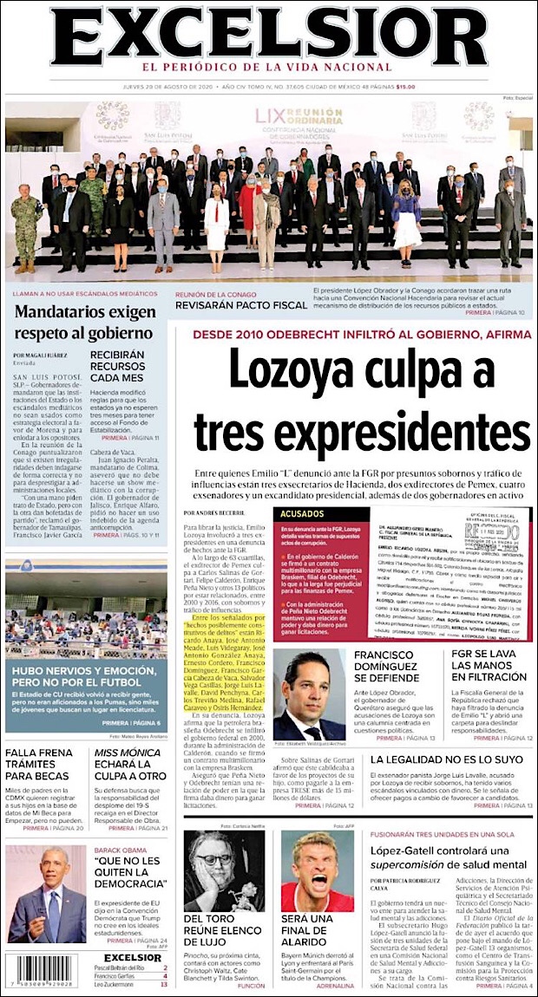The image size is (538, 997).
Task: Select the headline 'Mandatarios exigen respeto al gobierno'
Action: pyautogui.click(x=82, y=321)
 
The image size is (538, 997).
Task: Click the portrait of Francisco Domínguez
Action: pyautogui.click(x=309, y=695)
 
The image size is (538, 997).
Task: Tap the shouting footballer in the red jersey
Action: pyautogui.click(x=317, y=870)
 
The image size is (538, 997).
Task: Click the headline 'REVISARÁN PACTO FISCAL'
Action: pyautogui.click(x=241, y=304)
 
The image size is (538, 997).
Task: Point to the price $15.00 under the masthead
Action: pyautogui.click(x=405, y=86)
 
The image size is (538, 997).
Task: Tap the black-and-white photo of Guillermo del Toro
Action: pyautogui.click(x=225, y=870)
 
